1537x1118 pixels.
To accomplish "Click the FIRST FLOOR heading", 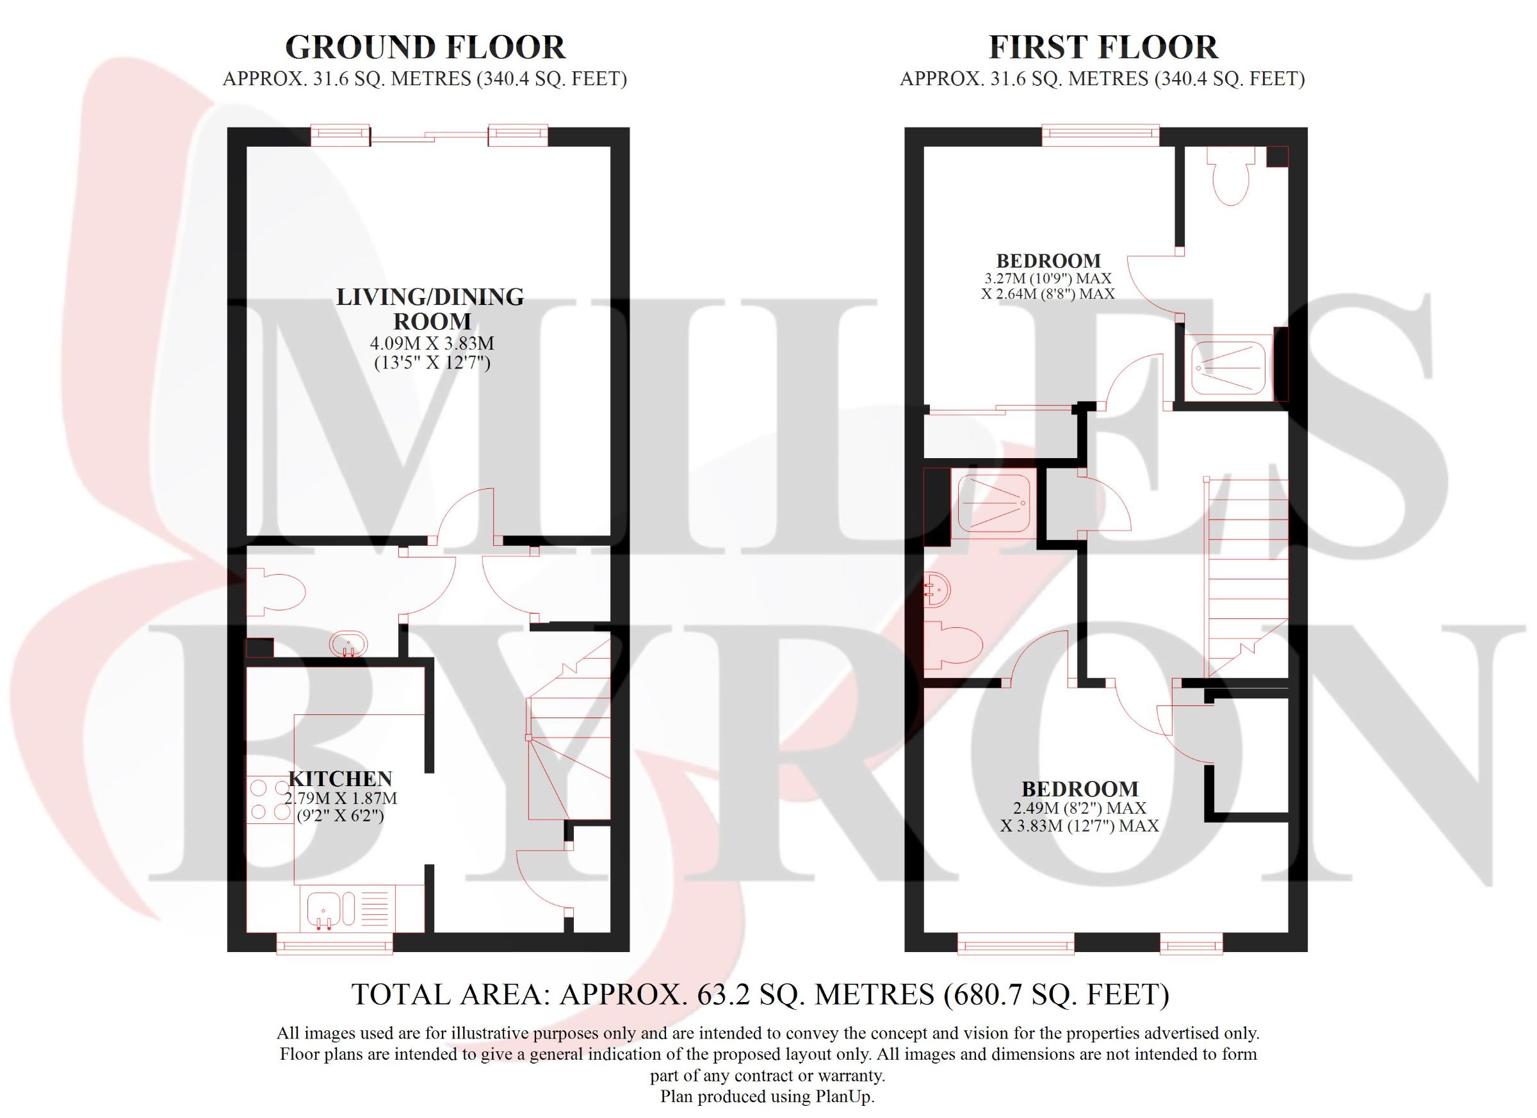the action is pyautogui.click(x=1103, y=47).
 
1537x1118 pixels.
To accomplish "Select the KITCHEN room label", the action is pyautogui.click(x=340, y=778).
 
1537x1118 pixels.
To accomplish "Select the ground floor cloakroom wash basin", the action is pyautogui.click(x=348, y=643).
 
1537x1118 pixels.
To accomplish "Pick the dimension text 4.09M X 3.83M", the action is pyautogui.click(x=432, y=344).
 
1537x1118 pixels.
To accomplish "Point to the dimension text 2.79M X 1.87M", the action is pyautogui.click(x=341, y=798).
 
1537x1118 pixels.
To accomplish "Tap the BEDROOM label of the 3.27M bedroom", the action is pyautogui.click(x=1048, y=260).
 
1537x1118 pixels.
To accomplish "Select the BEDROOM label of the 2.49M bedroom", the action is pyautogui.click(x=1080, y=789).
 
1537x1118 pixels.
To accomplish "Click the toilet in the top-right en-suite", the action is pyautogui.click(x=1228, y=175).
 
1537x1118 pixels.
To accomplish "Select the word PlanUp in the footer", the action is pyautogui.click(x=843, y=1096).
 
